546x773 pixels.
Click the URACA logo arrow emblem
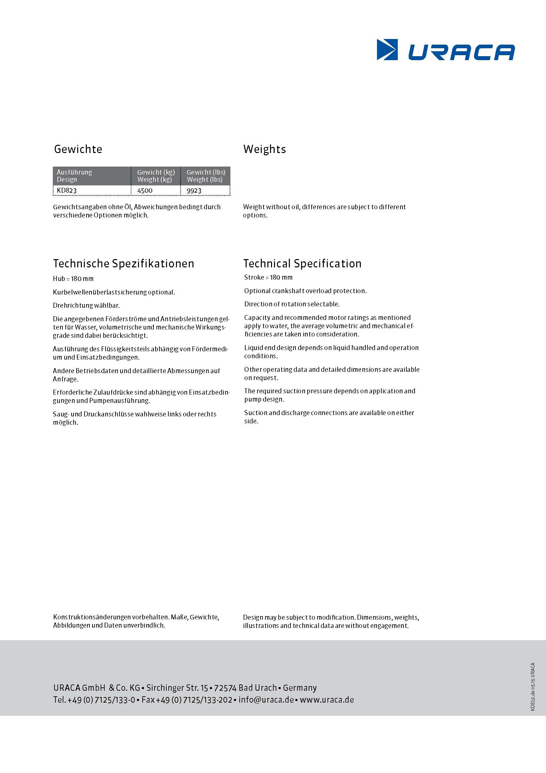click(387, 50)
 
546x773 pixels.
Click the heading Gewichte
click(78, 149)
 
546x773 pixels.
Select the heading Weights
click(264, 149)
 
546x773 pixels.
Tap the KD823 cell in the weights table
click(67, 191)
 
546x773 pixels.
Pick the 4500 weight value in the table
click(145, 191)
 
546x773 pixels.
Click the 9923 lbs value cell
click(194, 191)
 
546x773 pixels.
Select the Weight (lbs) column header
click(205, 179)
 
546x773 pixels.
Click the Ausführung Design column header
click(74, 176)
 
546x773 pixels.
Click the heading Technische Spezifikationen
click(123, 264)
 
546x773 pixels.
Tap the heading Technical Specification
click(302, 264)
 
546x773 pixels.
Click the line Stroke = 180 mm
click(268, 277)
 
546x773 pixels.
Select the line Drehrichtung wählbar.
click(86, 305)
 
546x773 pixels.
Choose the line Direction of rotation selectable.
click(292, 304)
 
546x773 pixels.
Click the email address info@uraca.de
click(266, 700)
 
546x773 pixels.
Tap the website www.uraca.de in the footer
click(327, 700)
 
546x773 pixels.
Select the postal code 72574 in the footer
click(225, 688)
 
